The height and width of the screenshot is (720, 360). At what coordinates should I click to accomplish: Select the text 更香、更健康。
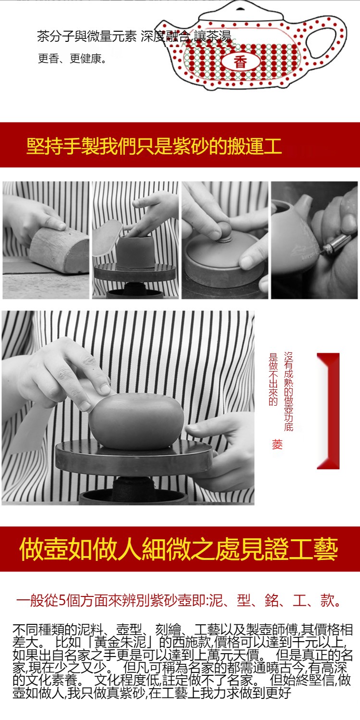tap(72, 59)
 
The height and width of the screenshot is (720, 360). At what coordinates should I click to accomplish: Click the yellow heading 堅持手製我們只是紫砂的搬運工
tap(154, 146)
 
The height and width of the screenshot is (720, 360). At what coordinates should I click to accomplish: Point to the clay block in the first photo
tap(60, 249)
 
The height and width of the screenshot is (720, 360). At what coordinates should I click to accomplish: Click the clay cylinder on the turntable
tap(135, 251)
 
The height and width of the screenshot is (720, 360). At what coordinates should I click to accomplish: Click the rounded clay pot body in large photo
tap(137, 421)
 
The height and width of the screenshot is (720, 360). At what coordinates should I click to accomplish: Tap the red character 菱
tap(277, 445)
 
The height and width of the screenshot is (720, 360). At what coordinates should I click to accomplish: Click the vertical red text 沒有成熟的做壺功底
tap(288, 391)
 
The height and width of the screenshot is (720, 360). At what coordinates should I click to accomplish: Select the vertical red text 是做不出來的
tap(273, 379)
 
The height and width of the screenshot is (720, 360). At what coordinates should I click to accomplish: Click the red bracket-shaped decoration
tap(328, 411)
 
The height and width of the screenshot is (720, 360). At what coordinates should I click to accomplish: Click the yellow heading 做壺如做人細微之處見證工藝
tap(178, 549)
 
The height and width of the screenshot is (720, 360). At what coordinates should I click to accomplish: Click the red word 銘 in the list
tap(272, 600)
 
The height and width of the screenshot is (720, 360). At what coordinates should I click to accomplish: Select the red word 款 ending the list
tap(327, 600)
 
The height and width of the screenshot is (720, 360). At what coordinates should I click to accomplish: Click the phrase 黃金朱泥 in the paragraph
tap(119, 642)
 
